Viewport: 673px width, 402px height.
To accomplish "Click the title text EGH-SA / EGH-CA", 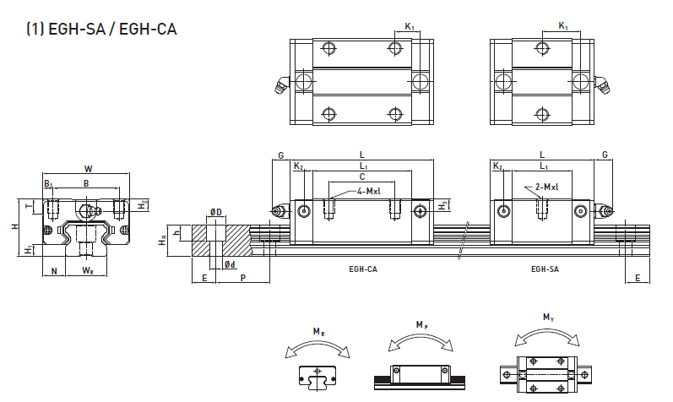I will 101,29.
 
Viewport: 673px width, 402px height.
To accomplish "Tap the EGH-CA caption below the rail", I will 362,269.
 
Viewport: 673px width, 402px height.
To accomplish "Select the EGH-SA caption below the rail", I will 545,269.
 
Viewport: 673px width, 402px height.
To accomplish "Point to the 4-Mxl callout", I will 368,192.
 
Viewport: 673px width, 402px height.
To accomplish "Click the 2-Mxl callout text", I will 547,187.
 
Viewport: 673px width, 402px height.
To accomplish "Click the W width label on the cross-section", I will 89,169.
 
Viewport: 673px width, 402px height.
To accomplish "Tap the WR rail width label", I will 88,271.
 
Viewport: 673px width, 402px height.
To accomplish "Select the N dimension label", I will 55,271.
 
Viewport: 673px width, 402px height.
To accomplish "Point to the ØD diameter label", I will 215,211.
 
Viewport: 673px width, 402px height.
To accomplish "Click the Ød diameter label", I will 230,265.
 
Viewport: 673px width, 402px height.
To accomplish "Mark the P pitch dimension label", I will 243,277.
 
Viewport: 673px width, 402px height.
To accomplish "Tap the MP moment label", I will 421,323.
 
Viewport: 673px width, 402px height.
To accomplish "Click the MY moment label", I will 549,318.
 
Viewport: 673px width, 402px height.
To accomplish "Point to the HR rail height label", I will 163,241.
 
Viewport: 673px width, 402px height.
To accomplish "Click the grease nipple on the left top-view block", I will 279,84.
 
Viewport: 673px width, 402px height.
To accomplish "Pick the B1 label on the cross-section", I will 48,183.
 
